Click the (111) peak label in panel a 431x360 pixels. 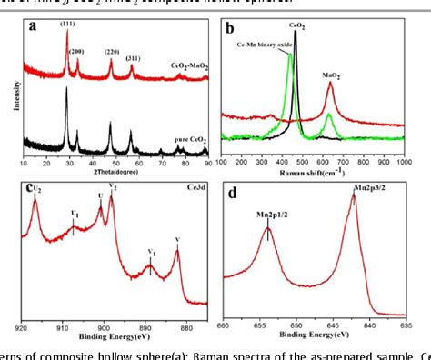[x=68, y=24]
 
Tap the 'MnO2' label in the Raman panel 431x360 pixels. [x=333, y=79]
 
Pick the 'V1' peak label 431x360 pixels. [x=152, y=256]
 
